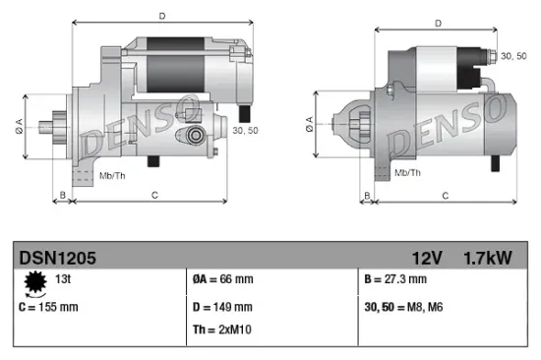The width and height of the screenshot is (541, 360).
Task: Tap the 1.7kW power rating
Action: click(x=487, y=258)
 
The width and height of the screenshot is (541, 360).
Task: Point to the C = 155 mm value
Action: click(x=49, y=307)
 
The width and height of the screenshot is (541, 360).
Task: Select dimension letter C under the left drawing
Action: click(x=155, y=196)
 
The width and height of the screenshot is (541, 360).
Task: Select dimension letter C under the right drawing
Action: click(x=445, y=196)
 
